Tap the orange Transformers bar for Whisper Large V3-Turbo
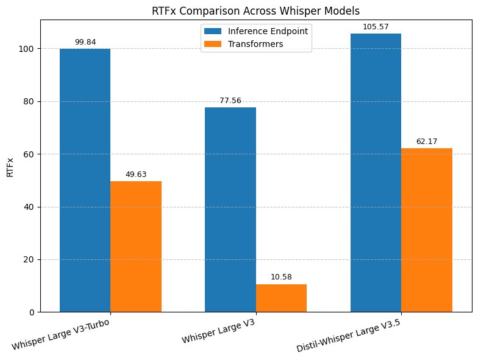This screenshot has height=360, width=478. [x=136, y=247]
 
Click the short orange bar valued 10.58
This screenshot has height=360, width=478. [x=281, y=298]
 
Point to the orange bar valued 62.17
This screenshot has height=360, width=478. [x=427, y=230]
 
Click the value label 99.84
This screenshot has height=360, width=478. [x=85, y=42]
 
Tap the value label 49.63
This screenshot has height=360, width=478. [x=136, y=175]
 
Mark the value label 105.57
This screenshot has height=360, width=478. [x=376, y=27]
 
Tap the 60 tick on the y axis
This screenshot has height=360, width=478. [x=29, y=154]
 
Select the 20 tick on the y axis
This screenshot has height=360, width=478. [x=29, y=260]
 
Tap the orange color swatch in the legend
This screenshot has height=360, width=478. [x=213, y=44]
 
